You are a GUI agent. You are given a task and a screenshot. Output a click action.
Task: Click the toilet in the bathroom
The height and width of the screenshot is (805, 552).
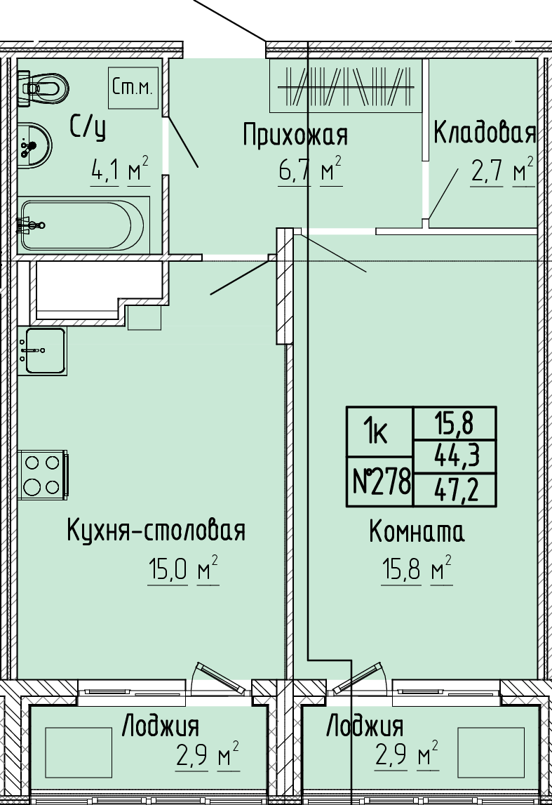(43, 88)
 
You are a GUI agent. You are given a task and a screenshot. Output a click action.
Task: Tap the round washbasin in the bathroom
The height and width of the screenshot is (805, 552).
(34, 145)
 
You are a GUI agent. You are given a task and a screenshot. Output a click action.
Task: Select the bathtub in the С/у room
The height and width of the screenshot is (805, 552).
(82, 225)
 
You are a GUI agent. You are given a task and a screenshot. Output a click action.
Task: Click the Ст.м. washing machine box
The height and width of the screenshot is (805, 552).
(133, 88)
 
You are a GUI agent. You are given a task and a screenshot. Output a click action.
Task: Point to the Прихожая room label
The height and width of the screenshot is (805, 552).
(295, 135)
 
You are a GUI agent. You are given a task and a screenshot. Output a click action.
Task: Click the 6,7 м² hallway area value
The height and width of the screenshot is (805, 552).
(311, 171)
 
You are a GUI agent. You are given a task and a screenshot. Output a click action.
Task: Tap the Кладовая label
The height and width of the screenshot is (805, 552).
(485, 132)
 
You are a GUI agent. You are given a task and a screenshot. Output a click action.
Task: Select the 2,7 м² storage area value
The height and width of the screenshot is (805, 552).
(502, 171)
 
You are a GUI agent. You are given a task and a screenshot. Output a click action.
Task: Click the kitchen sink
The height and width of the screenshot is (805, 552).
(42, 351)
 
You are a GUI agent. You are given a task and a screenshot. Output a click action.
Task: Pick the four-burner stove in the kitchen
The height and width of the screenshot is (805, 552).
(43, 474)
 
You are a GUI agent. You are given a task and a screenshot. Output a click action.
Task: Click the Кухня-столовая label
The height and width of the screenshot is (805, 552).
(156, 531)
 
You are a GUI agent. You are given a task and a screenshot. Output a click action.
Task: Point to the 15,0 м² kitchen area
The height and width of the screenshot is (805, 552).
(183, 569)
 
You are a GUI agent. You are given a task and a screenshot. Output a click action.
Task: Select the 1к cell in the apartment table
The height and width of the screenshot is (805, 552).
(379, 431)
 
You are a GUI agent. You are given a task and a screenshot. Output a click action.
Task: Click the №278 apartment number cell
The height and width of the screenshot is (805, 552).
(379, 481)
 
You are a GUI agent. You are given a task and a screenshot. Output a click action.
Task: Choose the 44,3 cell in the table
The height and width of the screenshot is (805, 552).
(455, 456)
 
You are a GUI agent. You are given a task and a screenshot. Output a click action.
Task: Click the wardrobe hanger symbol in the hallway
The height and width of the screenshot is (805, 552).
(346, 86)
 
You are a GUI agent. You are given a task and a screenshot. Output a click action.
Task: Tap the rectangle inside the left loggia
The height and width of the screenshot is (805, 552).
(79, 752)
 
